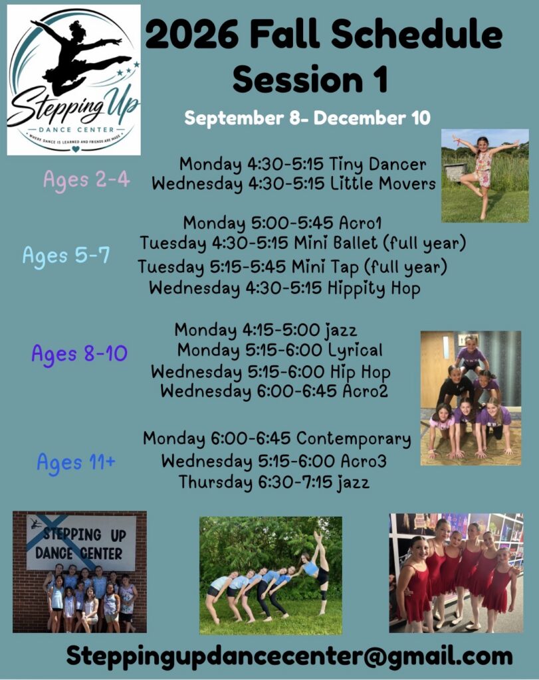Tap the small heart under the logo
coord(76,149)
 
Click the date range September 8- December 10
coord(307,118)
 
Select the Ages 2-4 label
coord(86,179)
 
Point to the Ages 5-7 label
coord(66,256)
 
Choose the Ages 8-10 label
coord(79,354)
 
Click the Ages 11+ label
coord(76,462)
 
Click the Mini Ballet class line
coord(302,243)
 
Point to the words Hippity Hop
coord(374,289)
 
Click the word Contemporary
coord(354,439)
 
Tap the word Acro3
coord(364,461)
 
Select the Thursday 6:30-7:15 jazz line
coord(274,482)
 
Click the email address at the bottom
coord(290,656)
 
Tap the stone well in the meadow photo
coord(456,172)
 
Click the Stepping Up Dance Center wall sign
coord(80,543)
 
